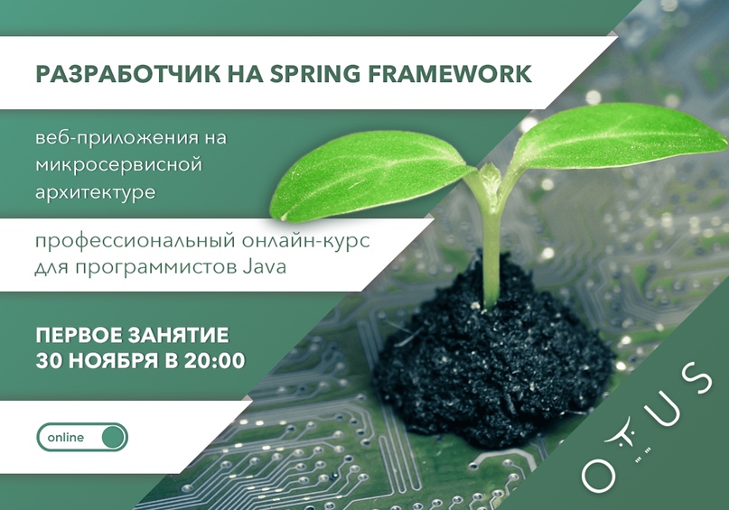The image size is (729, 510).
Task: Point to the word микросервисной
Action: [x=119, y=165]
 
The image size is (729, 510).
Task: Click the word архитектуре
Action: [x=96, y=192]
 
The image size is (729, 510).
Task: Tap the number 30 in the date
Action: [x=50, y=361]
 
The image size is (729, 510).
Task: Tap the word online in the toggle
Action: [x=66, y=438]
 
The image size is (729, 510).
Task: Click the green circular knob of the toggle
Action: [x=114, y=437]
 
